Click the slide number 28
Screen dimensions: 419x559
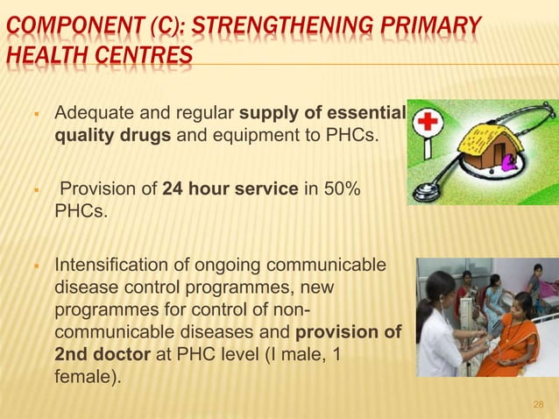(538, 404)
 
